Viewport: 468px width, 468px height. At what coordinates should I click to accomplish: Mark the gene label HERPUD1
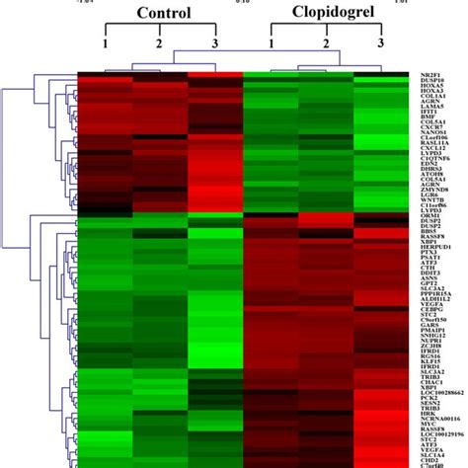point(435,245)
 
